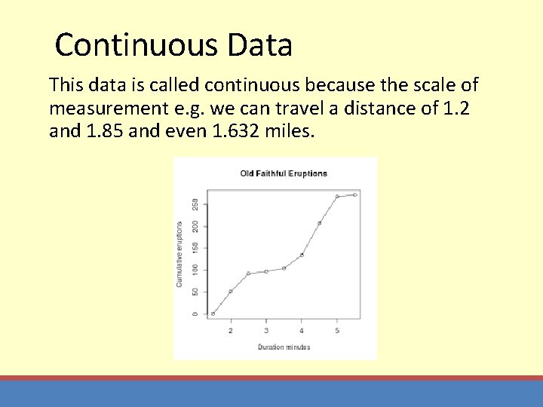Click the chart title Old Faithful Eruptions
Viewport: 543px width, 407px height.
tap(284, 173)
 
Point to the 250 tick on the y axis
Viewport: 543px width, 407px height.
tap(195, 204)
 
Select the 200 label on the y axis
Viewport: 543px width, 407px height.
tap(195, 226)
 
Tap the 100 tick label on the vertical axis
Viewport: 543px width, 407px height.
tap(195, 269)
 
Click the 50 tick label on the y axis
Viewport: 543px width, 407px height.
tap(195, 292)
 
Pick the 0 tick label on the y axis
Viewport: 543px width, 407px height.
tap(195, 314)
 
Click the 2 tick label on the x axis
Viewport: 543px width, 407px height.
tap(231, 331)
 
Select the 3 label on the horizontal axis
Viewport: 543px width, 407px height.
tap(266, 331)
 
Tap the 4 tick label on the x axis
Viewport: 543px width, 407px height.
tap(302, 331)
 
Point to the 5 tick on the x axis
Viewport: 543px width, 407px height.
tap(337, 331)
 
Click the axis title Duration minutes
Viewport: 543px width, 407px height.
tap(284, 347)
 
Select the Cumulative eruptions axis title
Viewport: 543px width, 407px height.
tap(179, 254)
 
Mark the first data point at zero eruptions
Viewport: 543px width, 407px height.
tap(213, 314)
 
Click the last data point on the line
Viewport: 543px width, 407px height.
tap(354, 194)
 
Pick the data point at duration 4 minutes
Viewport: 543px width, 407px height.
tap(302, 255)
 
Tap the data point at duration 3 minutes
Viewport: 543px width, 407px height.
tap(266, 271)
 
